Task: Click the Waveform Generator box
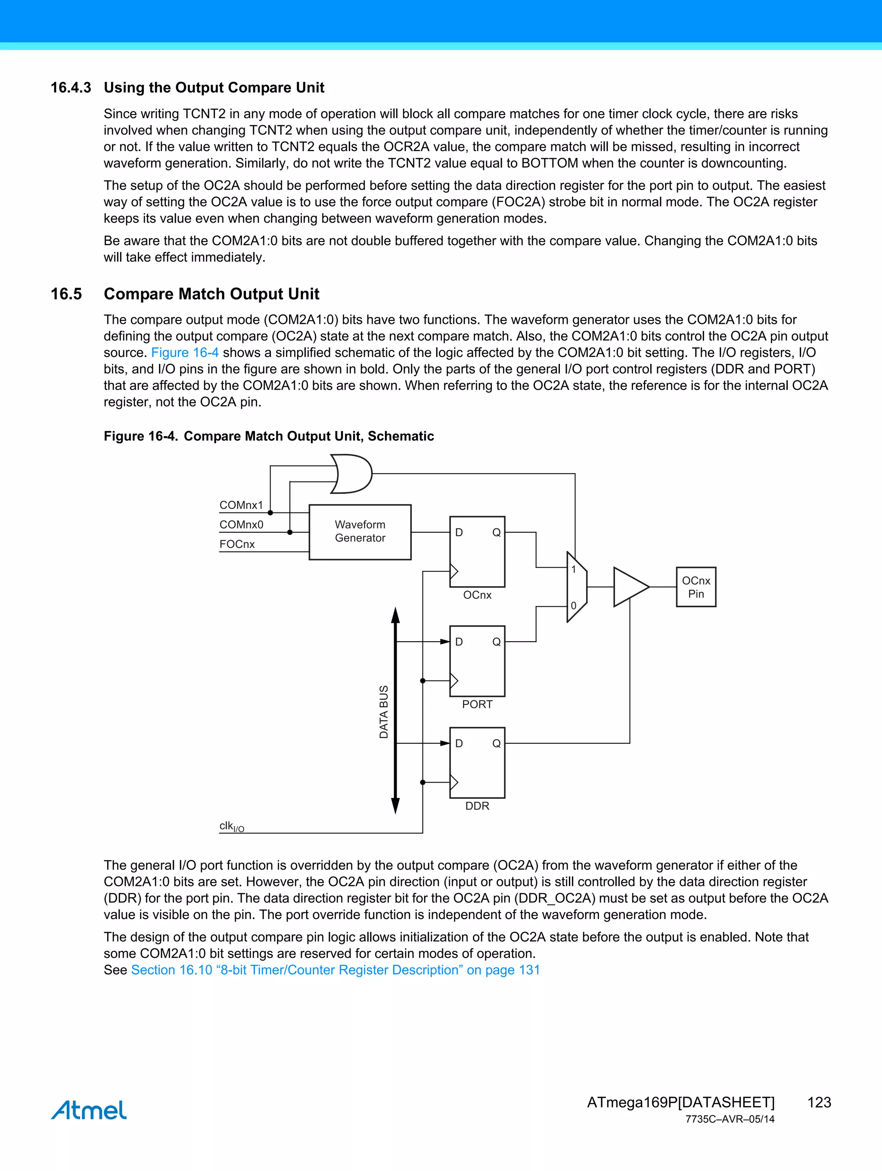click(x=360, y=531)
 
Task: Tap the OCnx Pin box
click(x=696, y=587)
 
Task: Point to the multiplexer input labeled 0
click(x=573, y=606)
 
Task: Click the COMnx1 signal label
click(x=241, y=505)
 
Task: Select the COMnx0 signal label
click(x=241, y=525)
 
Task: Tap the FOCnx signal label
click(x=236, y=544)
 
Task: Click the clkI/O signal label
click(x=231, y=826)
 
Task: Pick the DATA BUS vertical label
click(x=384, y=711)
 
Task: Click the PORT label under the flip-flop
click(x=477, y=704)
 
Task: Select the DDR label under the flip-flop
click(x=477, y=806)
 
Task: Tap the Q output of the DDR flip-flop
click(x=496, y=743)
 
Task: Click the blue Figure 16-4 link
click(x=185, y=353)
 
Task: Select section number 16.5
click(x=66, y=294)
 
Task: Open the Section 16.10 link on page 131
click(x=335, y=970)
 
